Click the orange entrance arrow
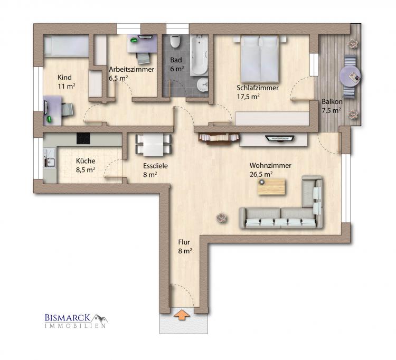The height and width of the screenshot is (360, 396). click(181, 315)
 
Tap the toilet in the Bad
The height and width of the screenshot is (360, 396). click(175, 41)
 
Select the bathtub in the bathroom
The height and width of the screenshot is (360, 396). click(199, 55)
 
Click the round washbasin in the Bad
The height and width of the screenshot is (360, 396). click(202, 85)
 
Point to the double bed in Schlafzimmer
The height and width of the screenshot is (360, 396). click(260, 59)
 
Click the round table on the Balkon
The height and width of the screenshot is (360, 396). click(350, 77)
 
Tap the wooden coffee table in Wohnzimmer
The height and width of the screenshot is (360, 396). click(271, 187)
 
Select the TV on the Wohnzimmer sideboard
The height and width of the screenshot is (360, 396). click(279, 138)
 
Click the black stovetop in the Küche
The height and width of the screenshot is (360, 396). click(83, 139)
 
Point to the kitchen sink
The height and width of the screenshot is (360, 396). click(50, 162)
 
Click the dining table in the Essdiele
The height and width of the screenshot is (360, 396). click(153, 145)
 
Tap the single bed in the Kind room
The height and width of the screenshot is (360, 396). click(66, 45)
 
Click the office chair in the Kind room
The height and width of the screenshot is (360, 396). click(68, 110)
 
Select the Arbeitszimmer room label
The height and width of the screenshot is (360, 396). click(131, 70)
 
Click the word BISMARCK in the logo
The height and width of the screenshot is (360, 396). click(68, 318)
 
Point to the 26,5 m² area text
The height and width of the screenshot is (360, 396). click(261, 174)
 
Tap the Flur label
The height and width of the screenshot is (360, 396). click(184, 242)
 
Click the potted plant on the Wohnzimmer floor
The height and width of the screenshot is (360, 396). click(222, 217)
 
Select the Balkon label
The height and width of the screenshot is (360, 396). click(332, 102)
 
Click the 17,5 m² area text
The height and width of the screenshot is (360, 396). click(248, 97)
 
